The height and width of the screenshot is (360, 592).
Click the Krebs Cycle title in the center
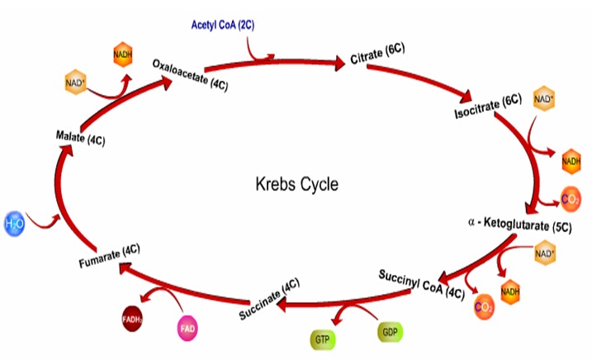pyautogui.click(x=296, y=183)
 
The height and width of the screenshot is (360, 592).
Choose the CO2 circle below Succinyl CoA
pyautogui.click(x=485, y=308)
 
